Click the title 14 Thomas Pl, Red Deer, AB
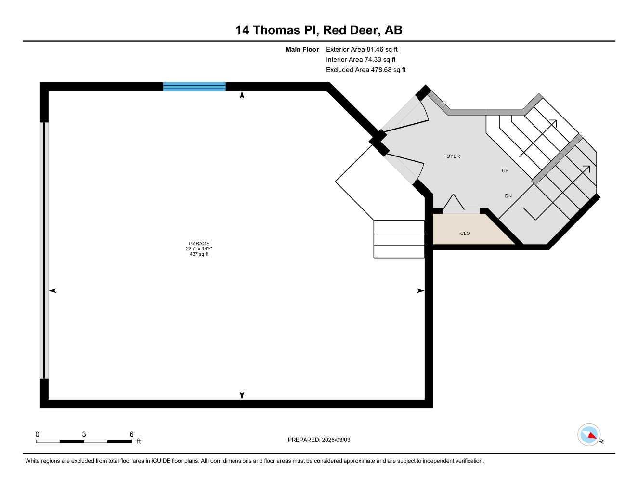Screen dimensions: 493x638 (319, 30)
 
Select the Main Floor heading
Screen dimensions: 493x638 (302, 49)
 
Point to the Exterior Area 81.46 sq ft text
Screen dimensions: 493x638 (362, 49)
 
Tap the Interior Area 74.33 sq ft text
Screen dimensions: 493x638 (361, 60)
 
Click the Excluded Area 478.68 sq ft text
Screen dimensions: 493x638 (365, 70)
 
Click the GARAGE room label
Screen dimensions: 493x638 (199, 244)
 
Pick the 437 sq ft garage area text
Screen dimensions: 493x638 (199, 254)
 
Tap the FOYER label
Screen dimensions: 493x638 (452, 156)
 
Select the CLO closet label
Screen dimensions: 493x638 (465, 234)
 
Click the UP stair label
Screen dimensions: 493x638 (505, 171)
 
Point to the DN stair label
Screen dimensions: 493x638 (508, 196)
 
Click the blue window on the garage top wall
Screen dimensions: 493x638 (195, 87)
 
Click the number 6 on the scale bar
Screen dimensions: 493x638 (131, 434)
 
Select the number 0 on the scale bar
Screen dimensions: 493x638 (38, 434)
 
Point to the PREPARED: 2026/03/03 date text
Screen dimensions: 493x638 (319, 440)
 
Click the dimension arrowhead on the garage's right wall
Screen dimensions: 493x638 (420, 291)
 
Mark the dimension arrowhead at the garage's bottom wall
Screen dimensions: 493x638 (242, 396)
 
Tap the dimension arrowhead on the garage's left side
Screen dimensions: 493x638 (52, 291)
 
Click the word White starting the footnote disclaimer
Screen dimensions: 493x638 (32, 461)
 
